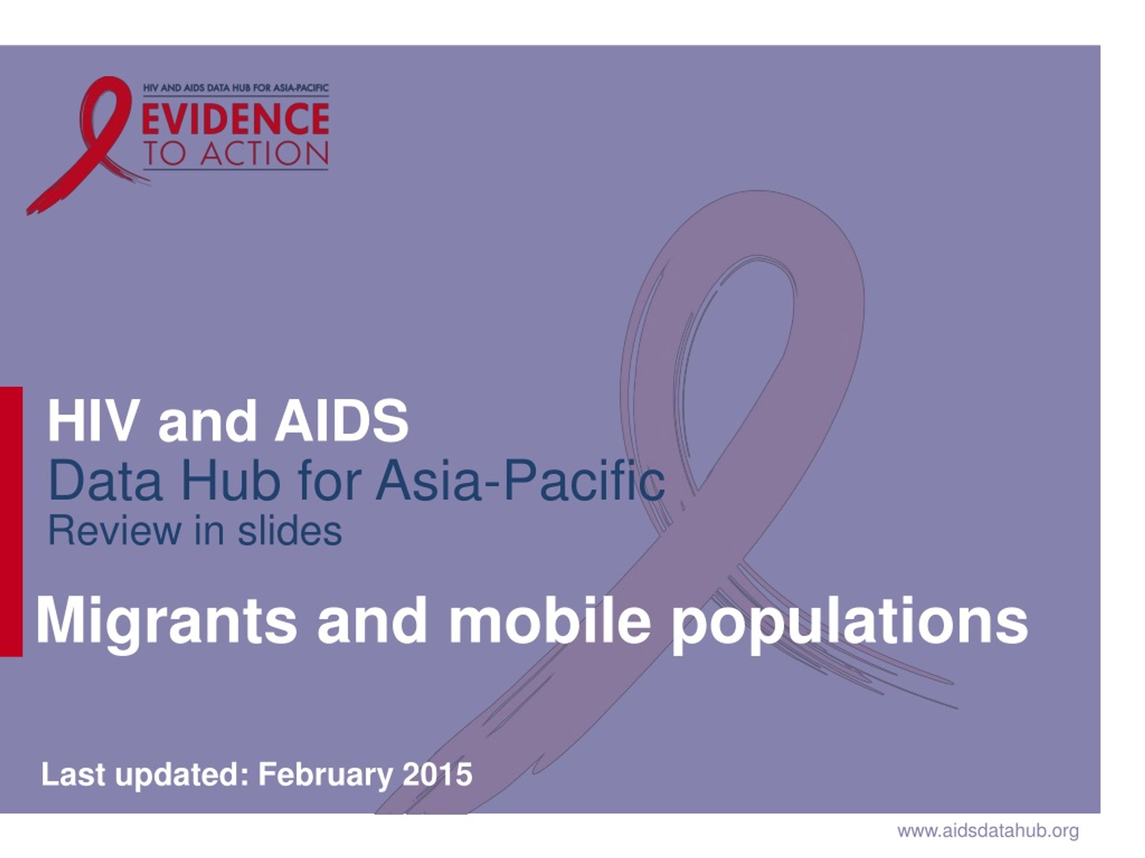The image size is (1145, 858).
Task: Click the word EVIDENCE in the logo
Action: pyautogui.click(x=236, y=118)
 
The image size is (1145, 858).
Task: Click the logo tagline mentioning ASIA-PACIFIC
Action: pyautogui.click(x=236, y=88)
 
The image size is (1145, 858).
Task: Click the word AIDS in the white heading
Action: pyautogui.click(x=342, y=421)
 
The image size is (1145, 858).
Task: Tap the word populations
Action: pyautogui.click(x=849, y=623)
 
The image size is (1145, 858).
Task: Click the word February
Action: pyautogui.click(x=326, y=775)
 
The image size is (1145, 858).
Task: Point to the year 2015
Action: pyautogui.click(x=437, y=774)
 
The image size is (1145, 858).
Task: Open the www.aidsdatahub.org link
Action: pyautogui.click(x=988, y=831)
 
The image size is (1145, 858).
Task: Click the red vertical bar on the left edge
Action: pyautogui.click(x=11, y=522)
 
